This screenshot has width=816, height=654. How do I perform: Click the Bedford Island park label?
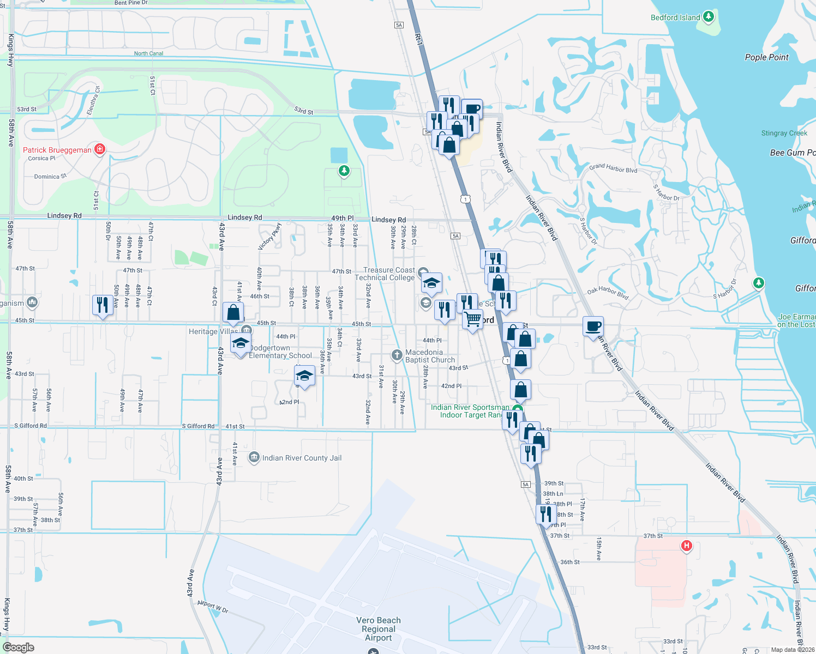tap(675, 17)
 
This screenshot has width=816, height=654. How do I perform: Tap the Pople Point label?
tap(766, 57)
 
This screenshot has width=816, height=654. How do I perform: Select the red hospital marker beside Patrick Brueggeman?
tap(99, 149)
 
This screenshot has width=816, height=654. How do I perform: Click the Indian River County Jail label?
tap(302, 458)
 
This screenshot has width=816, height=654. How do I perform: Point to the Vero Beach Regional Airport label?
tap(379, 629)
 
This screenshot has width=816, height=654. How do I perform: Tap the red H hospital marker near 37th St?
tap(686, 545)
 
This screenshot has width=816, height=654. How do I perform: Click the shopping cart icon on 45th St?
tap(473, 319)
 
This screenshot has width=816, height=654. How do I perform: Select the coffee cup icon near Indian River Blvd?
tap(593, 326)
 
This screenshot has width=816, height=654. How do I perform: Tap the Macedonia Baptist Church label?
tap(430, 356)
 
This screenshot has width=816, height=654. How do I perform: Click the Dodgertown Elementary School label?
tap(280, 352)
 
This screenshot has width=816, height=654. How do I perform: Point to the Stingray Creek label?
tap(784, 133)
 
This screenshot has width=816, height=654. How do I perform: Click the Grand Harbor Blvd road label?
tap(613, 168)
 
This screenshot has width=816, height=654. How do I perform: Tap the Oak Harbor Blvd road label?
tap(608, 293)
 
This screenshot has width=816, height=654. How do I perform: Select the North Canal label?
tap(148, 53)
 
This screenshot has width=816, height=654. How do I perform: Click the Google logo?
tap(19, 647)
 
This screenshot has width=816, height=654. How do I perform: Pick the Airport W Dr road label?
tap(213, 607)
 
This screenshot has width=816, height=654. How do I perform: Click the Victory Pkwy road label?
tap(269, 236)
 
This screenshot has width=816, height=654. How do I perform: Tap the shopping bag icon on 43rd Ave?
tap(233, 312)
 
